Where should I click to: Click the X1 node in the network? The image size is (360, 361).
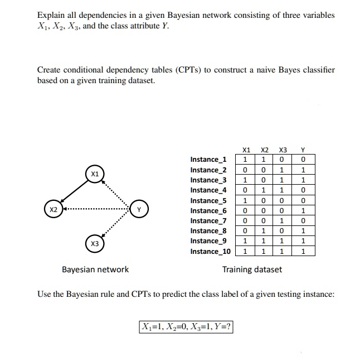[x=95, y=174]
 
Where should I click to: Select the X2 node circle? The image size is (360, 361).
[x=53, y=210]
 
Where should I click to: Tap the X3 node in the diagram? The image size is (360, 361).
[x=95, y=244]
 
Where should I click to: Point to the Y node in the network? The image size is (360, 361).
[x=139, y=210]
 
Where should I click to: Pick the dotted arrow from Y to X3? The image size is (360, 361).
[x=118, y=227]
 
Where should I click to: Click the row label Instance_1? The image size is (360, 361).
[x=208, y=160]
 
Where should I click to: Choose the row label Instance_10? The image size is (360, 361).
[x=210, y=252]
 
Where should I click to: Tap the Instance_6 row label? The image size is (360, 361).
[x=208, y=211]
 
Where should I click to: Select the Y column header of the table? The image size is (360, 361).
[x=302, y=150]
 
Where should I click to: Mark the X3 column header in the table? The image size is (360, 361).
[x=283, y=150]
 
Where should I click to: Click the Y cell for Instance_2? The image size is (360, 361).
[x=302, y=170]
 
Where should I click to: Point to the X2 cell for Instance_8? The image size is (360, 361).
[x=265, y=231]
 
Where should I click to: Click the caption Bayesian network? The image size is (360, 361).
[x=95, y=269]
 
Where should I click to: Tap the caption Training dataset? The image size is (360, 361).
[x=252, y=269]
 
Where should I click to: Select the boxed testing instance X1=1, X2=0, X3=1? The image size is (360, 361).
[x=186, y=326]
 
